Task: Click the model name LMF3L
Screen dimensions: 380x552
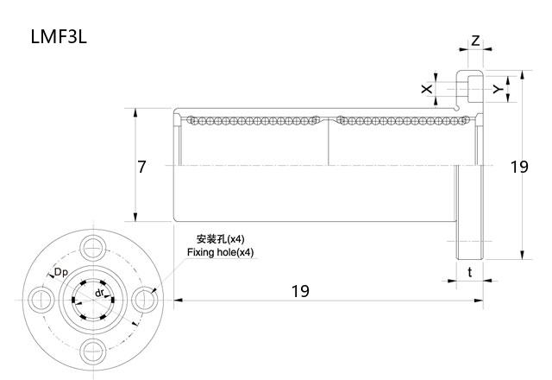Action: pos(59,37)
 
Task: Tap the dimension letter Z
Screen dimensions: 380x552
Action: pos(475,41)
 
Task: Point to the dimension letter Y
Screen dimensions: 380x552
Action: pos(497,89)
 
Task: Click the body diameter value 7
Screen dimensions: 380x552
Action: pos(141,167)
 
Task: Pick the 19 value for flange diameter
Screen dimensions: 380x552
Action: pos(518,167)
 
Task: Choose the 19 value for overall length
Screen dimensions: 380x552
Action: pos(299,291)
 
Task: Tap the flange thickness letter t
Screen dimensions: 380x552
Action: pos(469,272)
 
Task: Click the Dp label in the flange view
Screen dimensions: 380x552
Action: pos(61,273)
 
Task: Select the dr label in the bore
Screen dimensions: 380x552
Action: pos(100,294)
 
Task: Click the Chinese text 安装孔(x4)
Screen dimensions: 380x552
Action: pos(220,238)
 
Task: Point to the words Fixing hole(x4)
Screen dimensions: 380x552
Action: pos(221,252)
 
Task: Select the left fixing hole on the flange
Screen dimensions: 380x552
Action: pos(40,299)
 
